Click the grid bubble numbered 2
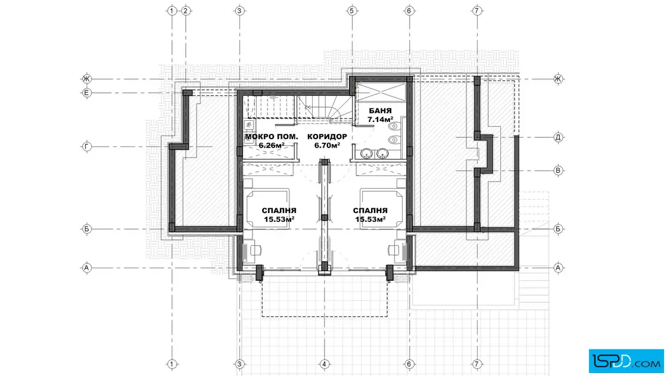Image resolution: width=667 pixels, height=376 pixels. pyautogui.click(x=185, y=11)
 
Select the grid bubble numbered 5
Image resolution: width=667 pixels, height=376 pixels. pyautogui.click(x=351, y=11)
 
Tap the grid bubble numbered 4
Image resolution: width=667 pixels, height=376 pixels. pyautogui.click(x=324, y=364)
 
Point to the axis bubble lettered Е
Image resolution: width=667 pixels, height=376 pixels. pyautogui.click(x=87, y=93)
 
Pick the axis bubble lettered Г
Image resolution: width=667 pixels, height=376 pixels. pyautogui.click(x=87, y=146)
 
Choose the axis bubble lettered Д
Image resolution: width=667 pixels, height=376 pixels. pyautogui.click(x=558, y=137)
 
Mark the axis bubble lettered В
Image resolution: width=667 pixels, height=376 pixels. pyautogui.click(x=558, y=171)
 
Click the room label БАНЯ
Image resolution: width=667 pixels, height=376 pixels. pyautogui.click(x=381, y=111)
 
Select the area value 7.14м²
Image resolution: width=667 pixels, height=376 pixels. pyautogui.click(x=381, y=120)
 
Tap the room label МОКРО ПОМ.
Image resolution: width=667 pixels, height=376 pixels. pyautogui.click(x=272, y=136)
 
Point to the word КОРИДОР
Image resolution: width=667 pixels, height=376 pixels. pyautogui.click(x=327, y=136)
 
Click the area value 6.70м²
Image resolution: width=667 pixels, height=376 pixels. pyautogui.click(x=327, y=145)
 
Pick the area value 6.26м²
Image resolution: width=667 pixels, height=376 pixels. pyautogui.click(x=272, y=145)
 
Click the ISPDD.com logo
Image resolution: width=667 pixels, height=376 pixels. pyautogui.click(x=626, y=361)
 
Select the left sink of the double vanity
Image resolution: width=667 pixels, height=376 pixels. pyautogui.click(x=367, y=153)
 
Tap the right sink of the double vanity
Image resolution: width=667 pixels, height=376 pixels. pyautogui.click(x=382, y=153)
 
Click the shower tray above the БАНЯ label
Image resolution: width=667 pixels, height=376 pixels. pyautogui.click(x=381, y=92)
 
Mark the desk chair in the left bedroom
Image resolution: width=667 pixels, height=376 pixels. pyautogui.click(x=255, y=250)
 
